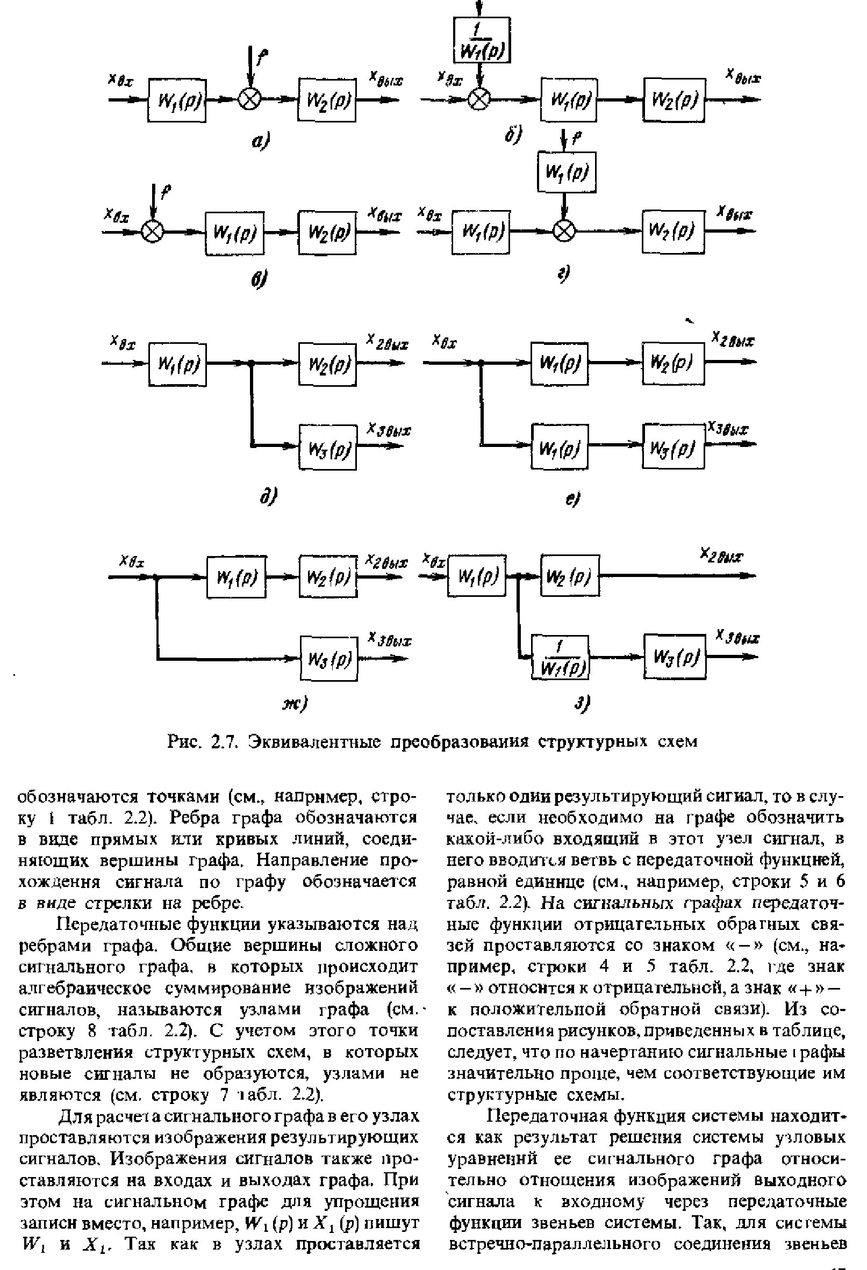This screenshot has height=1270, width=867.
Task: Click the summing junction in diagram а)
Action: pos(251,100)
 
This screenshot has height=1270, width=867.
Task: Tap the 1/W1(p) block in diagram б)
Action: pos(482,40)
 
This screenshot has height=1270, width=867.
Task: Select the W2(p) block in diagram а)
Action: pos(327,99)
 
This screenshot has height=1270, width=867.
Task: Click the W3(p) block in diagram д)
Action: pos(327,446)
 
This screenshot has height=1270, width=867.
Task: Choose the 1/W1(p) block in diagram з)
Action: pos(560,656)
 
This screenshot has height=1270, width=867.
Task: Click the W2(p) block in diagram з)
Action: pos(570,576)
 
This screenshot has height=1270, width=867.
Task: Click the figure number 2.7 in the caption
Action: pos(223,741)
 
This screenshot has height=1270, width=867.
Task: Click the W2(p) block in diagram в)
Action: pos(327,233)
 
